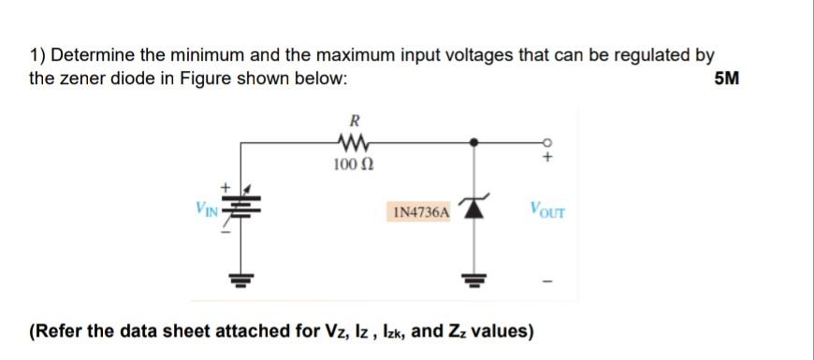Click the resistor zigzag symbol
click(x=353, y=143)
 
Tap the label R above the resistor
click(x=353, y=120)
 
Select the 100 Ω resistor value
click(x=353, y=166)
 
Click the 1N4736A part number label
click(x=419, y=213)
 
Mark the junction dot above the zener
click(x=475, y=142)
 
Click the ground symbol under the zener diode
click(x=475, y=279)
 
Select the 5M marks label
click(x=726, y=79)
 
